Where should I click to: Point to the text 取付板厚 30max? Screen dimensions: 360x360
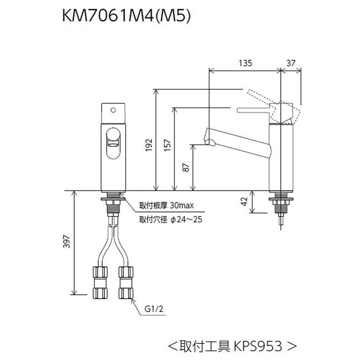point(166,206)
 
